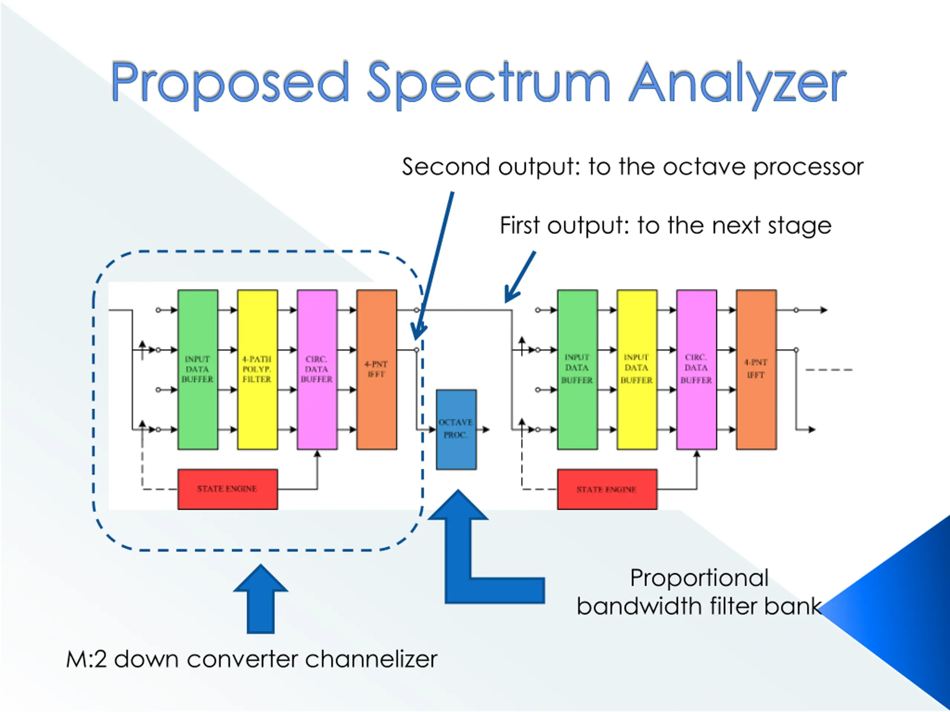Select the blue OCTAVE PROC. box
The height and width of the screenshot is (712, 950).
click(x=456, y=429)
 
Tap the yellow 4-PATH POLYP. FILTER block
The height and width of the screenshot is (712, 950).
click(x=257, y=369)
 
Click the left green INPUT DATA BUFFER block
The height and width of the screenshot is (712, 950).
click(x=197, y=369)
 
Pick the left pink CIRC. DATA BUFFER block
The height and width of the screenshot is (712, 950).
click(x=317, y=369)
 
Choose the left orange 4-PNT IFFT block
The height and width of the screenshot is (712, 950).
click(x=377, y=369)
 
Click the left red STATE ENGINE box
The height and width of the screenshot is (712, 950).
click(x=227, y=489)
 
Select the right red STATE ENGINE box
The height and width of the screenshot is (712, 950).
click(x=607, y=489)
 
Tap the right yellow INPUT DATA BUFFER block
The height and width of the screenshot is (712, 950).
click(x=637, y=369)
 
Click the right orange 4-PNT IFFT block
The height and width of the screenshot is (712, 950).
click(x=756, y=369)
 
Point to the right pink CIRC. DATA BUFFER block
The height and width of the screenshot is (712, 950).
click(x=697, y=369)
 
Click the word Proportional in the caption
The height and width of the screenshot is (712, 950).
click(x=699, y=578)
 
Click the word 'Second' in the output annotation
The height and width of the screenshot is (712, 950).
click(x=446, y=167)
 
